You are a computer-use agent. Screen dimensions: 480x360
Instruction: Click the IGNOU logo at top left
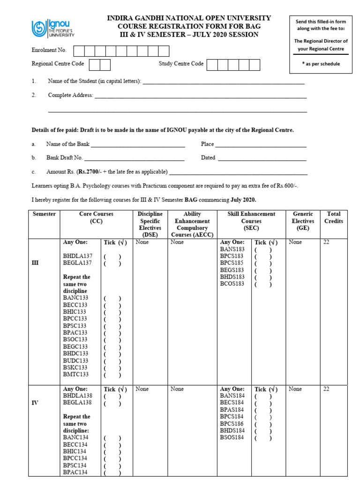point(52,28)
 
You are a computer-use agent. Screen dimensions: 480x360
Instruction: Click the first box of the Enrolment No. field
point(78,51)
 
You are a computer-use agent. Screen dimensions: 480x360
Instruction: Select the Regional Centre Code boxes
point(99,64)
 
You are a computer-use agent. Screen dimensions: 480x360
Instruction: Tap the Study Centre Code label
point(181,64)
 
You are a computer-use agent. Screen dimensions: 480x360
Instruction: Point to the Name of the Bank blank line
point(138,145)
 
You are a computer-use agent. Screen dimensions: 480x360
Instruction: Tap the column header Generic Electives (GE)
point(302,221)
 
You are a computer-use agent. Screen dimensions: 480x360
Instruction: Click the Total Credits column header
point(334,217)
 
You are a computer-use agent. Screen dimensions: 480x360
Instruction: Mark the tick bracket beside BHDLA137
point(112,256)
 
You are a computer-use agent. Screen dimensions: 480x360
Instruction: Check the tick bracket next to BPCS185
point(263,263)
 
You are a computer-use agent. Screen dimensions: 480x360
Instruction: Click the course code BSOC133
point(75,339)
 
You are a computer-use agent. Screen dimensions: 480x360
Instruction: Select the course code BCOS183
point(232,284)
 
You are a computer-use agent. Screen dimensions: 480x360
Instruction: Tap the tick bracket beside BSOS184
point(263,438)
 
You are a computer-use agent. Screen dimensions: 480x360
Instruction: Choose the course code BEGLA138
point(78,403)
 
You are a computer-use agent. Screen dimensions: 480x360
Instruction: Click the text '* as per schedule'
point(321,64)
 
